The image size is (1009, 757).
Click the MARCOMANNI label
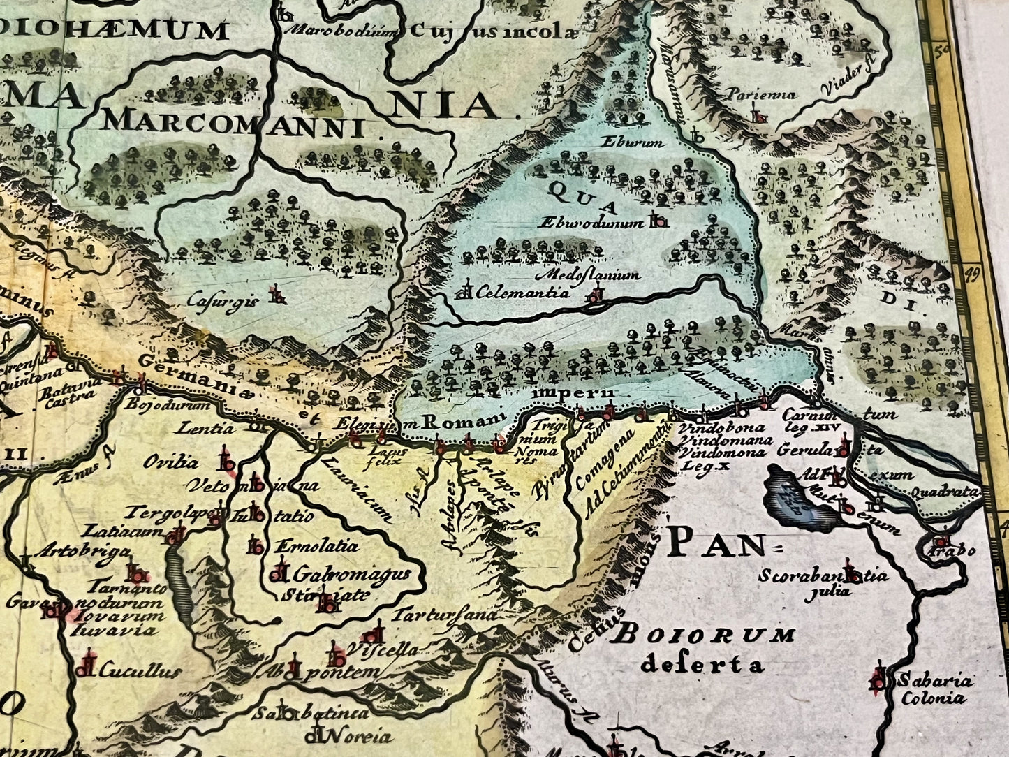[x=234, y=122]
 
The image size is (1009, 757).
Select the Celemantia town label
[x=522, y=293]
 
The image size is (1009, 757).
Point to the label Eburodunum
[x=591, y=223]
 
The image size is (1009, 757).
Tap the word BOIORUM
[x=705, y=635]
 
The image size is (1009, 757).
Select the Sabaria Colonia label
[x=933, y=689]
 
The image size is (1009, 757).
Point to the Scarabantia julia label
[x=824, y=583]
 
